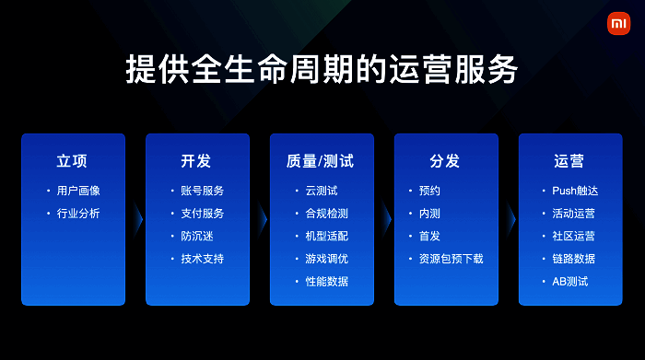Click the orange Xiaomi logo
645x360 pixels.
(x=617, y=24)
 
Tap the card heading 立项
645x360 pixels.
(x=72, y=161)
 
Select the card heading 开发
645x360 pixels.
(x=196, y=161)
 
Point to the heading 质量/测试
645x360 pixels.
(x=321, y=161)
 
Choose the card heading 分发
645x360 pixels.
(x=445, y=161)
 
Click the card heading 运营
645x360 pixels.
(x=569, y=161)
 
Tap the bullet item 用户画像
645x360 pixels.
(x=78, y=191)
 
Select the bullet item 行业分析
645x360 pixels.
(x=78, y=214)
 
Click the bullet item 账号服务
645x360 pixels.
(x=203, y=191)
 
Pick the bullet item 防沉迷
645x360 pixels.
(x=197, y=236)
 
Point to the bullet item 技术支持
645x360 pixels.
(x=203, y=259)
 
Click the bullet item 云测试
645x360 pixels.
(x=322, y=191)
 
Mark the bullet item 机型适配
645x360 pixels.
(x=327, y=236)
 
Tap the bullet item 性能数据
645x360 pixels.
(x=327, y=281)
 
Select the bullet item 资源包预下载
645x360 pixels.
(x=451, y=259)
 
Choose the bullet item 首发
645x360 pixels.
(x=430, y=236)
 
